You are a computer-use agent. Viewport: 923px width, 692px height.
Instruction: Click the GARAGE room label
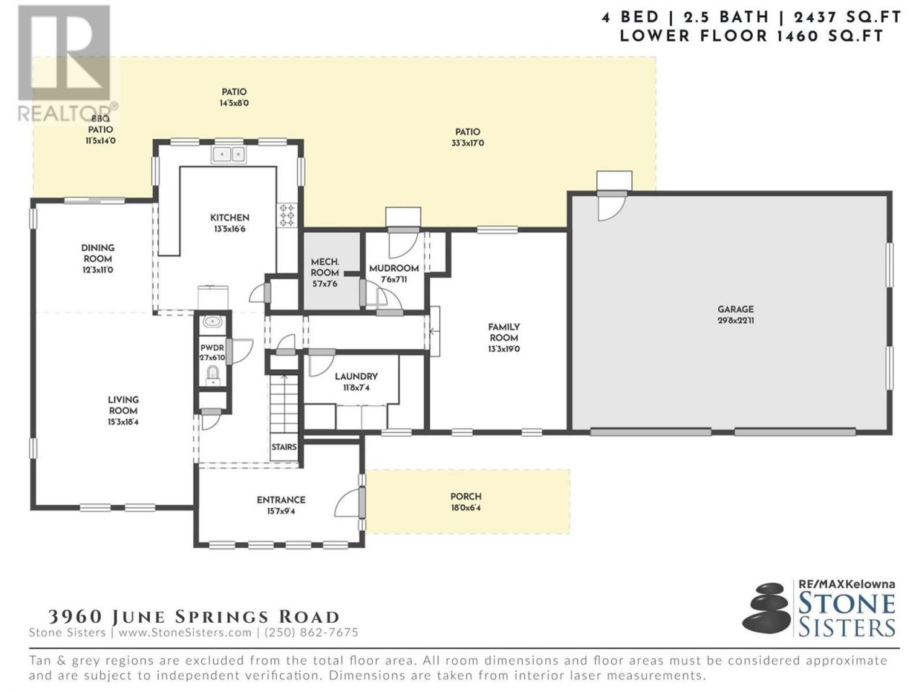click(736, 309)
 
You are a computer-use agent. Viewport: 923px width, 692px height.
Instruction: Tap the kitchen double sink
click(229, 154)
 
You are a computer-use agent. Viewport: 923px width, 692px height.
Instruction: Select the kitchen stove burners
click(288, 216)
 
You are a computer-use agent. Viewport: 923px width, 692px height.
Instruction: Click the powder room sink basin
click(213, 322)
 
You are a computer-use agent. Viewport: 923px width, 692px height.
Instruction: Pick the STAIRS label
click(284, 447)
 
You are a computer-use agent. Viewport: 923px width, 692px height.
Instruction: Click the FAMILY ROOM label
click(504, 332)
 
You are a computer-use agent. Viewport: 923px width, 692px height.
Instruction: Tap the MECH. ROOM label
click(324, 267)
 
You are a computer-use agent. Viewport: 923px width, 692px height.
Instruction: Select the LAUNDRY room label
click(356, 376)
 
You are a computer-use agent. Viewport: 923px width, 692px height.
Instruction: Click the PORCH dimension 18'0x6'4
click(466, 507)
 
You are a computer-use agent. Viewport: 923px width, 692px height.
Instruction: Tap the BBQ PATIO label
click(100, 125)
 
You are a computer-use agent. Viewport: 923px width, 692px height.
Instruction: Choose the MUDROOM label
click(394, 268)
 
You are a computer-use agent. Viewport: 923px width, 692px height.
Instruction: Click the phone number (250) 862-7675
click(312, 632)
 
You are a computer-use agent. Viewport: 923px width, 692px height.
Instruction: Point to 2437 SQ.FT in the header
click(847, 17)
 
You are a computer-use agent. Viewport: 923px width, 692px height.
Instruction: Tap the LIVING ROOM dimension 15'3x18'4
click(123, 422)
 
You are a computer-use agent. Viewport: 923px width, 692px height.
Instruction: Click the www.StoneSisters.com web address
click(185, 632)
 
